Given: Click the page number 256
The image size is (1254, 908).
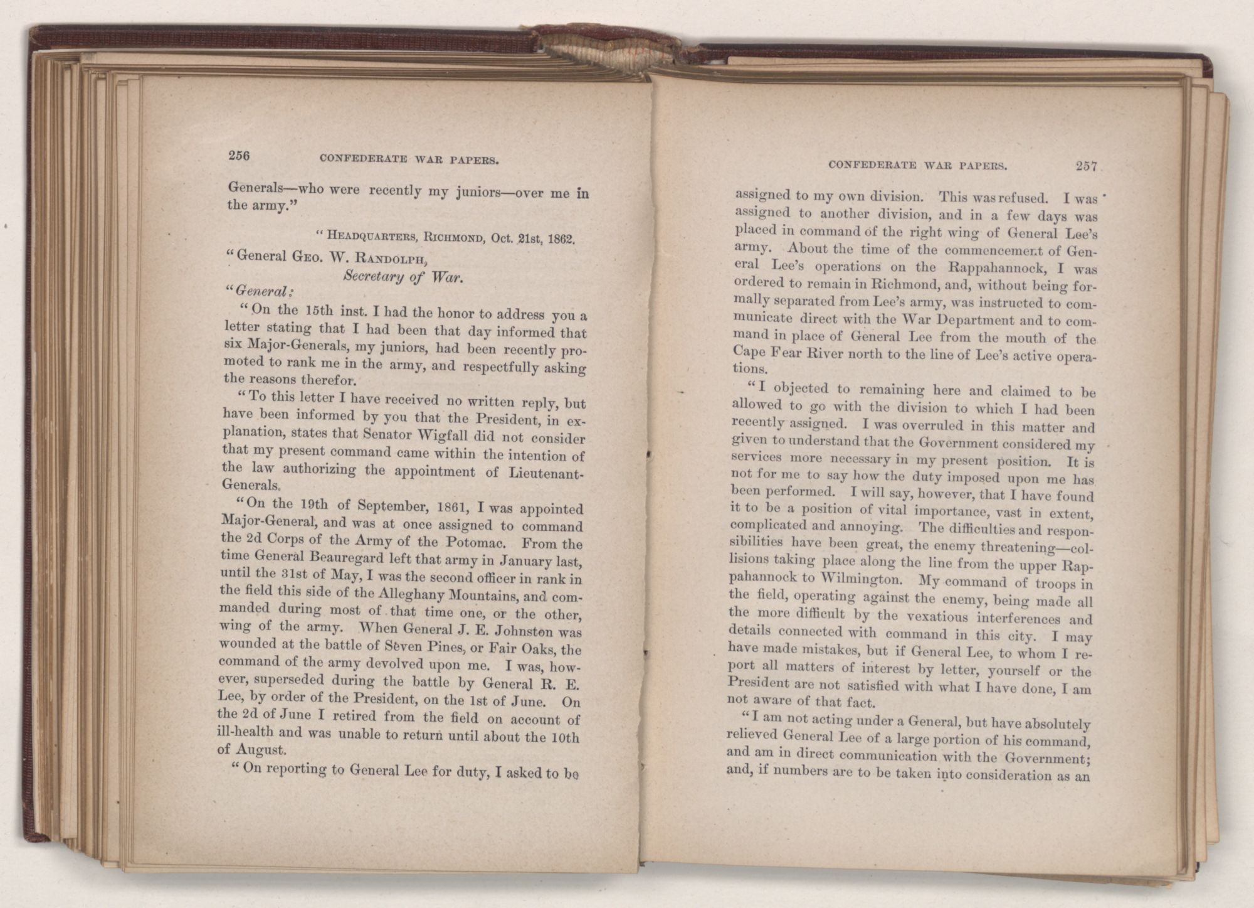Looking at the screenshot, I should [x=239, y=157].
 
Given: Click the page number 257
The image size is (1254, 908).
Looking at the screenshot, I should [x=1085, y=166].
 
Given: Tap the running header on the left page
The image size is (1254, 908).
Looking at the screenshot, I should [x=409, y=160].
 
